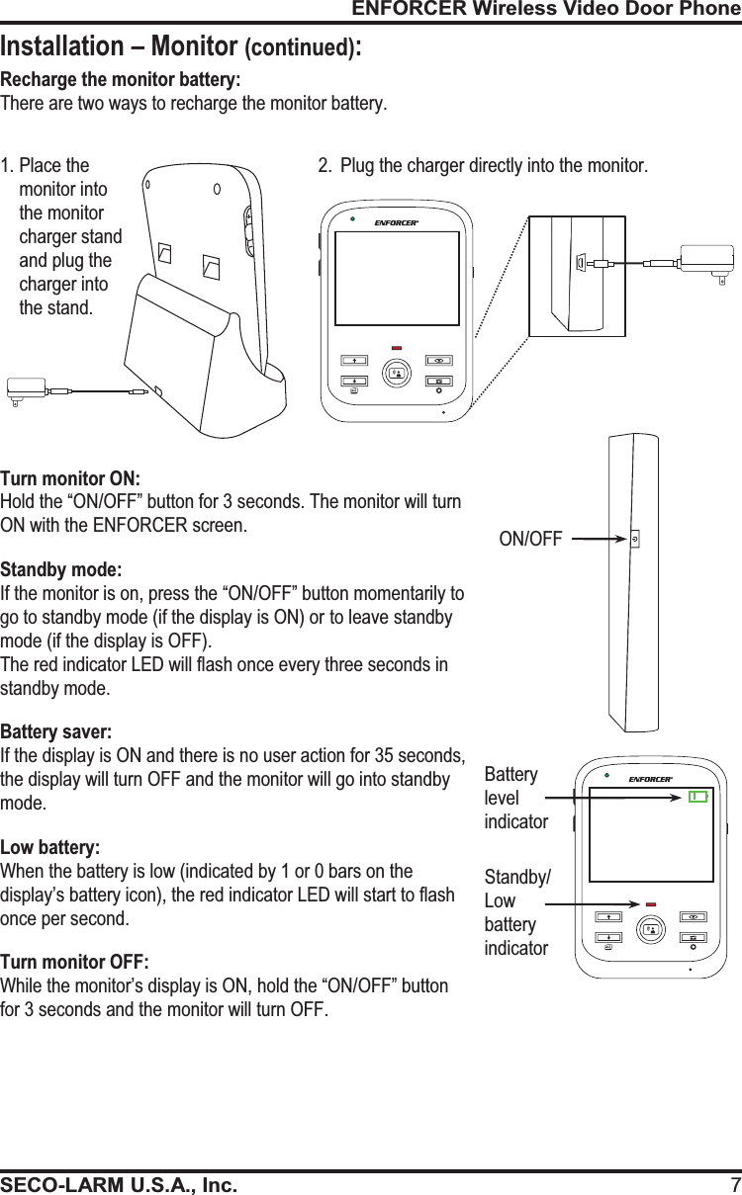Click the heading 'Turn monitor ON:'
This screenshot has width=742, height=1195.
(70, 478)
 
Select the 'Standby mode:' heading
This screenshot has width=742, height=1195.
(62, 570)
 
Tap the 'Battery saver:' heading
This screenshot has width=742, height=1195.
(56, 732)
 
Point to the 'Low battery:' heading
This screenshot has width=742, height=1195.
(50, 848)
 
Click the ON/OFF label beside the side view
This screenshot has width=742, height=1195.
(530, 540)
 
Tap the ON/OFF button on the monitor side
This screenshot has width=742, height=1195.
(633, 540)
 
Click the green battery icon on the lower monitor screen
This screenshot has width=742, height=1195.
(698, 797)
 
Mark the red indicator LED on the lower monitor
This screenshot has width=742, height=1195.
(651, 903)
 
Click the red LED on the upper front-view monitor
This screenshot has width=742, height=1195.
(397, 348)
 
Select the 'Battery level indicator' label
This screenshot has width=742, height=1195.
(515, 798)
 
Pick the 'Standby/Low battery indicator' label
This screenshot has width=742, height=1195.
(518, 912)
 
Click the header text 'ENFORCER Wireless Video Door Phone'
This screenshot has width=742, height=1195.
(546, 10)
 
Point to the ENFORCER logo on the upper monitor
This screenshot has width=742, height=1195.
(396, 222)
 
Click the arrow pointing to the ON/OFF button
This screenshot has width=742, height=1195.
(599, 540)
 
